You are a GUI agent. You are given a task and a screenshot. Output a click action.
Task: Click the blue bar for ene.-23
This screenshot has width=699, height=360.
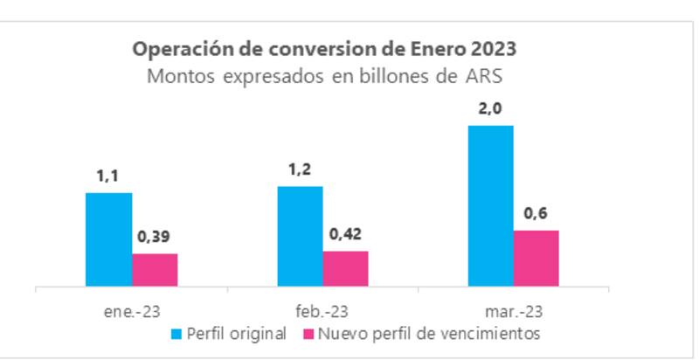(108, 239)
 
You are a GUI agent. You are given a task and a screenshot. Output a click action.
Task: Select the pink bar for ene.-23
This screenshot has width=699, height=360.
(155, 270)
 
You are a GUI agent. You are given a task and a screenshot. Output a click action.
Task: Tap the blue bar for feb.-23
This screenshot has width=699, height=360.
(300, 236)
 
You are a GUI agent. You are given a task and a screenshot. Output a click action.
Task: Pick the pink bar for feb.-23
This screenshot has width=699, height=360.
(345, 268)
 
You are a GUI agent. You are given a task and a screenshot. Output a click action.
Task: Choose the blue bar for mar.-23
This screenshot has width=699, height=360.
(490, 205)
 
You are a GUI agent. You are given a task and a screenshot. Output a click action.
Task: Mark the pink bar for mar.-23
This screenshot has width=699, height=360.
(536, 258)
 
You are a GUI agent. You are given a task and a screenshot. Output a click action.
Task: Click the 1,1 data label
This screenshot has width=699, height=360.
(108, 178)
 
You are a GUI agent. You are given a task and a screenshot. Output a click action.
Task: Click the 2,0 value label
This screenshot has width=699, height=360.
(490, 110)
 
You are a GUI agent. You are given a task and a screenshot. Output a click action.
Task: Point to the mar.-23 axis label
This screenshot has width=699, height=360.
(513, 310)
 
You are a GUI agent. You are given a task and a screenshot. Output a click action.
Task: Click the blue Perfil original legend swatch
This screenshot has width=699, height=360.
(178, 333)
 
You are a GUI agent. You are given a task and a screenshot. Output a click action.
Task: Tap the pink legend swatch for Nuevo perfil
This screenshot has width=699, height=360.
(307, 333)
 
